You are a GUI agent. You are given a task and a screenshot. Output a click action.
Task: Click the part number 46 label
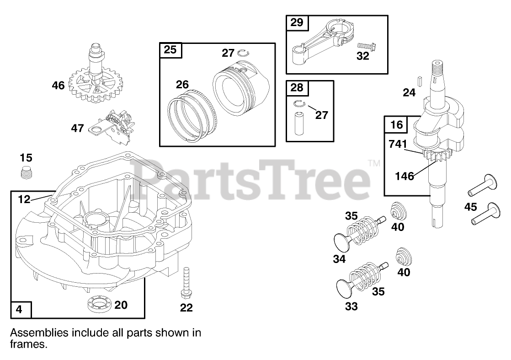pos(58,85)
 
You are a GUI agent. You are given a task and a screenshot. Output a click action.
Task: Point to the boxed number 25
pos(170,50)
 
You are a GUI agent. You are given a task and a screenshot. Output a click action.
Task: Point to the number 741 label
pos(397,144)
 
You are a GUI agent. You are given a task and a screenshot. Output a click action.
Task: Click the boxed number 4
pos(19,309)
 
